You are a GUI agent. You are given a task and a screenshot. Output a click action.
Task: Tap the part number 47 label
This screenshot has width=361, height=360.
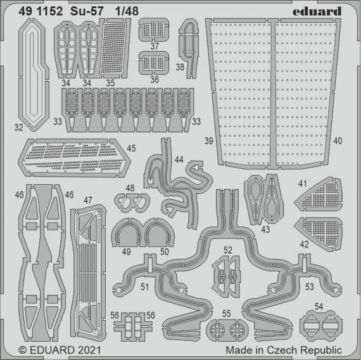[x=87, y=201]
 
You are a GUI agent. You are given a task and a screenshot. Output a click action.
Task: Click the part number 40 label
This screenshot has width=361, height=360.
[x=338, y=140]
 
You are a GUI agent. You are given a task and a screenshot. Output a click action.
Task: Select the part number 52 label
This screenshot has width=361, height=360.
[x=227, y=251]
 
